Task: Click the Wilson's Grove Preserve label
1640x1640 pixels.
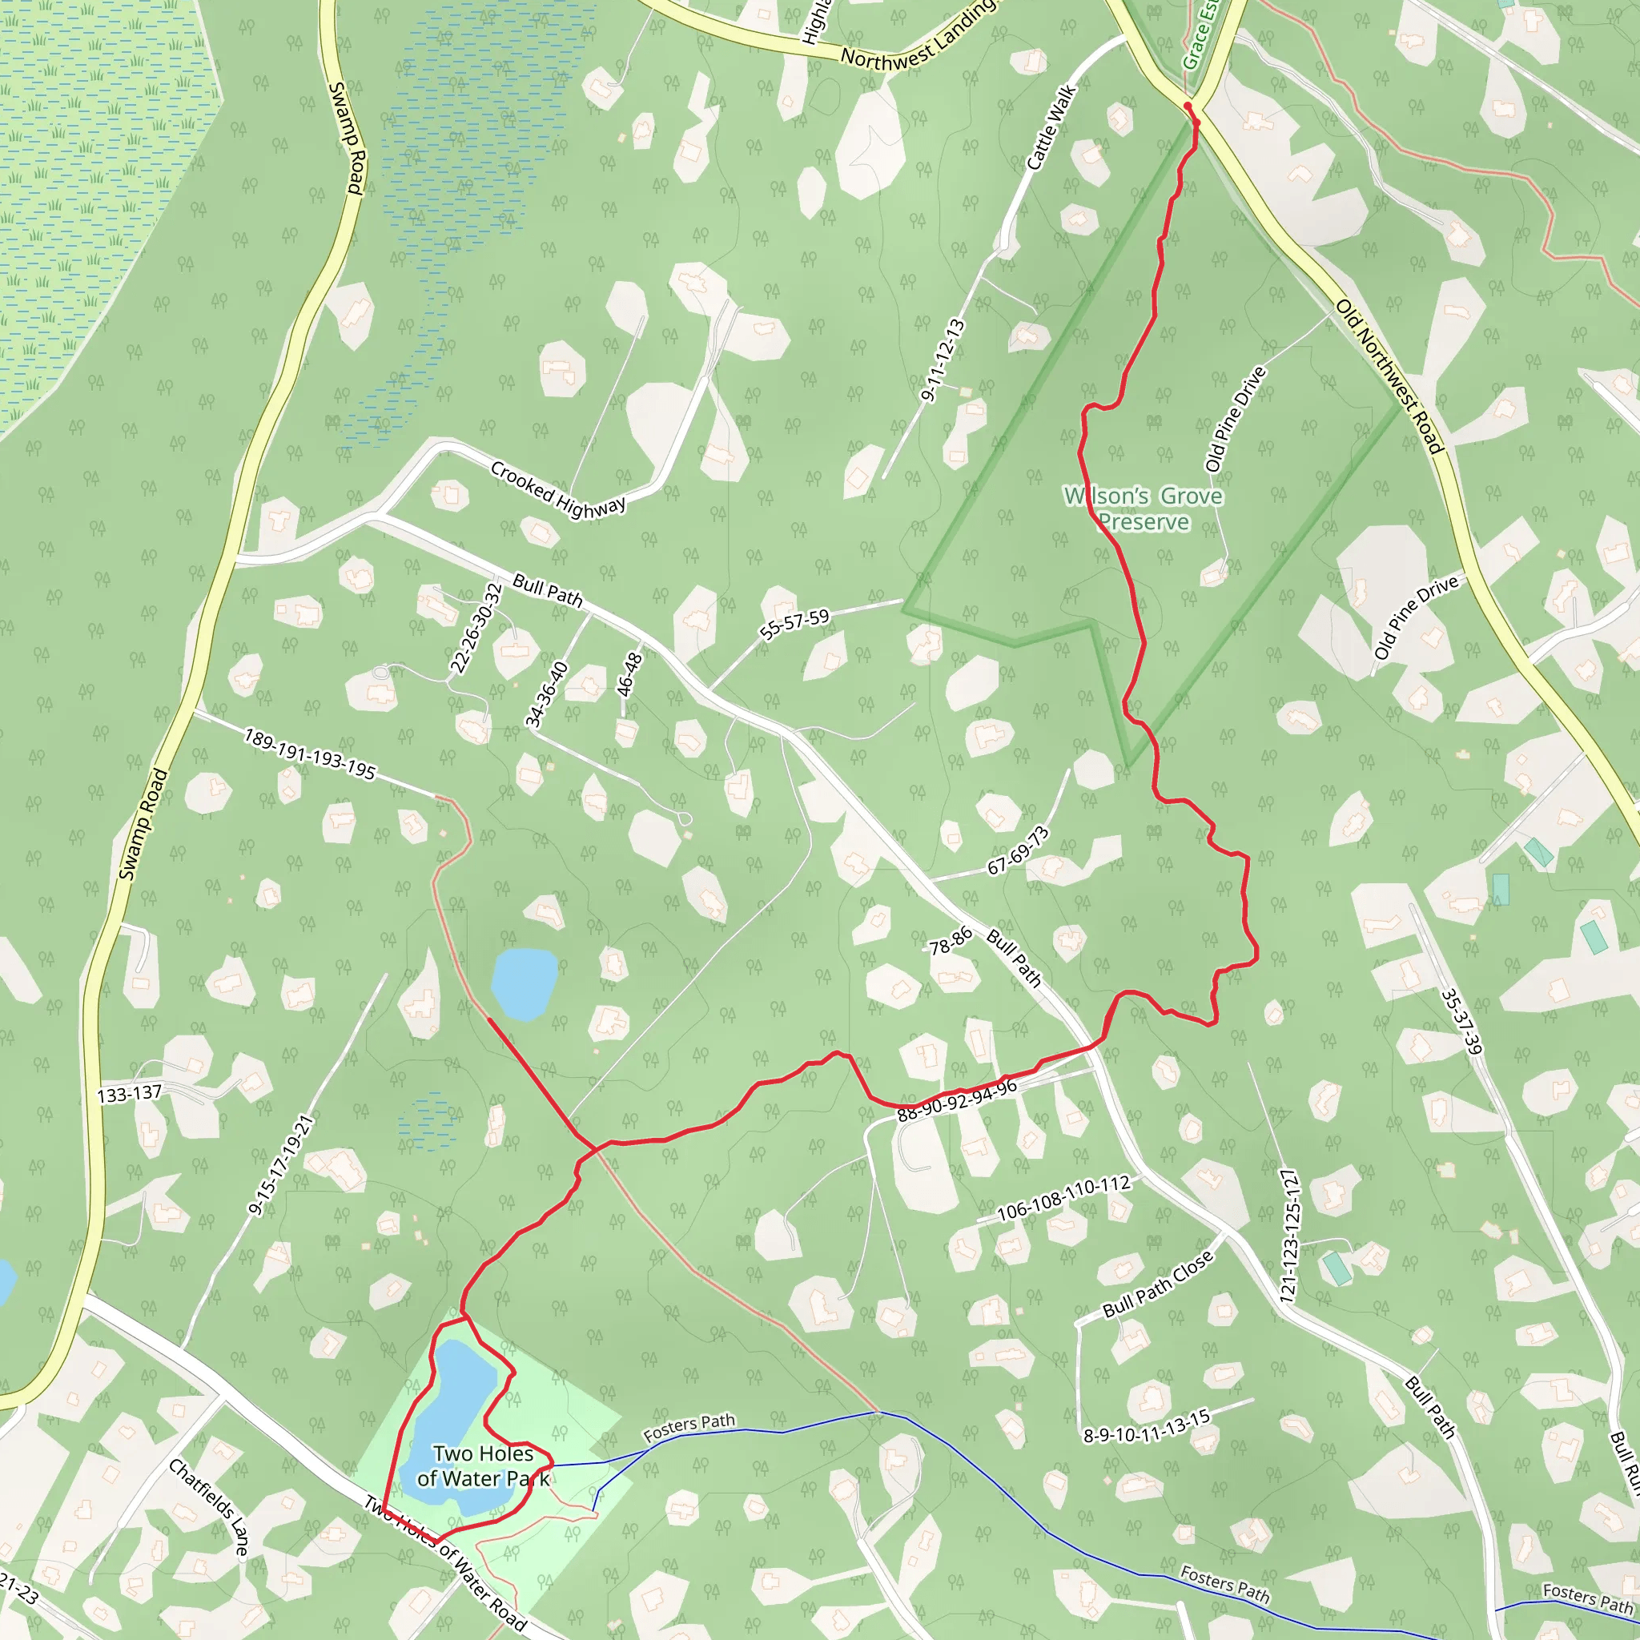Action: coord(1143,508)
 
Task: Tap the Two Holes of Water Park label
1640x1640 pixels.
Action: coord(482,1466)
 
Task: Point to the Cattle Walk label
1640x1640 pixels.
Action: coord(1051,127)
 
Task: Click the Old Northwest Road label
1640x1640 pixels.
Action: coord(1389,376)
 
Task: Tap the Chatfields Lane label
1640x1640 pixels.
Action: coord(209,1507)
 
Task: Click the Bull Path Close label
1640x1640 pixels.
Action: coord(1158,1284)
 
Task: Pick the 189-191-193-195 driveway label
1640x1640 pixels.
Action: coord(309,753)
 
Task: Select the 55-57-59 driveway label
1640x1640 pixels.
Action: coord(794,624)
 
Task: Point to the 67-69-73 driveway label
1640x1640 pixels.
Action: coord(1018,850)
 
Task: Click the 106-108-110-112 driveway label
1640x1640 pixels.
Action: coord(1063,1198)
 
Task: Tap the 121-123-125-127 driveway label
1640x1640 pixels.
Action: coord(1288,1236)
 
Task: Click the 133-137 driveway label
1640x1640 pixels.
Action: coord(129,1093)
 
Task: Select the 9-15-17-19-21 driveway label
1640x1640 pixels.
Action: coord(281,1164)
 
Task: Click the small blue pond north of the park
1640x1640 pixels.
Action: coord(524,983)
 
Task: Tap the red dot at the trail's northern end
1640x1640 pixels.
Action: coord(1188,107)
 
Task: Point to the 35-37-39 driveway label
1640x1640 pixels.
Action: coord(1461,1022)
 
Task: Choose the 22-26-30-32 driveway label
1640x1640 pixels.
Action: coord(476,628)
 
